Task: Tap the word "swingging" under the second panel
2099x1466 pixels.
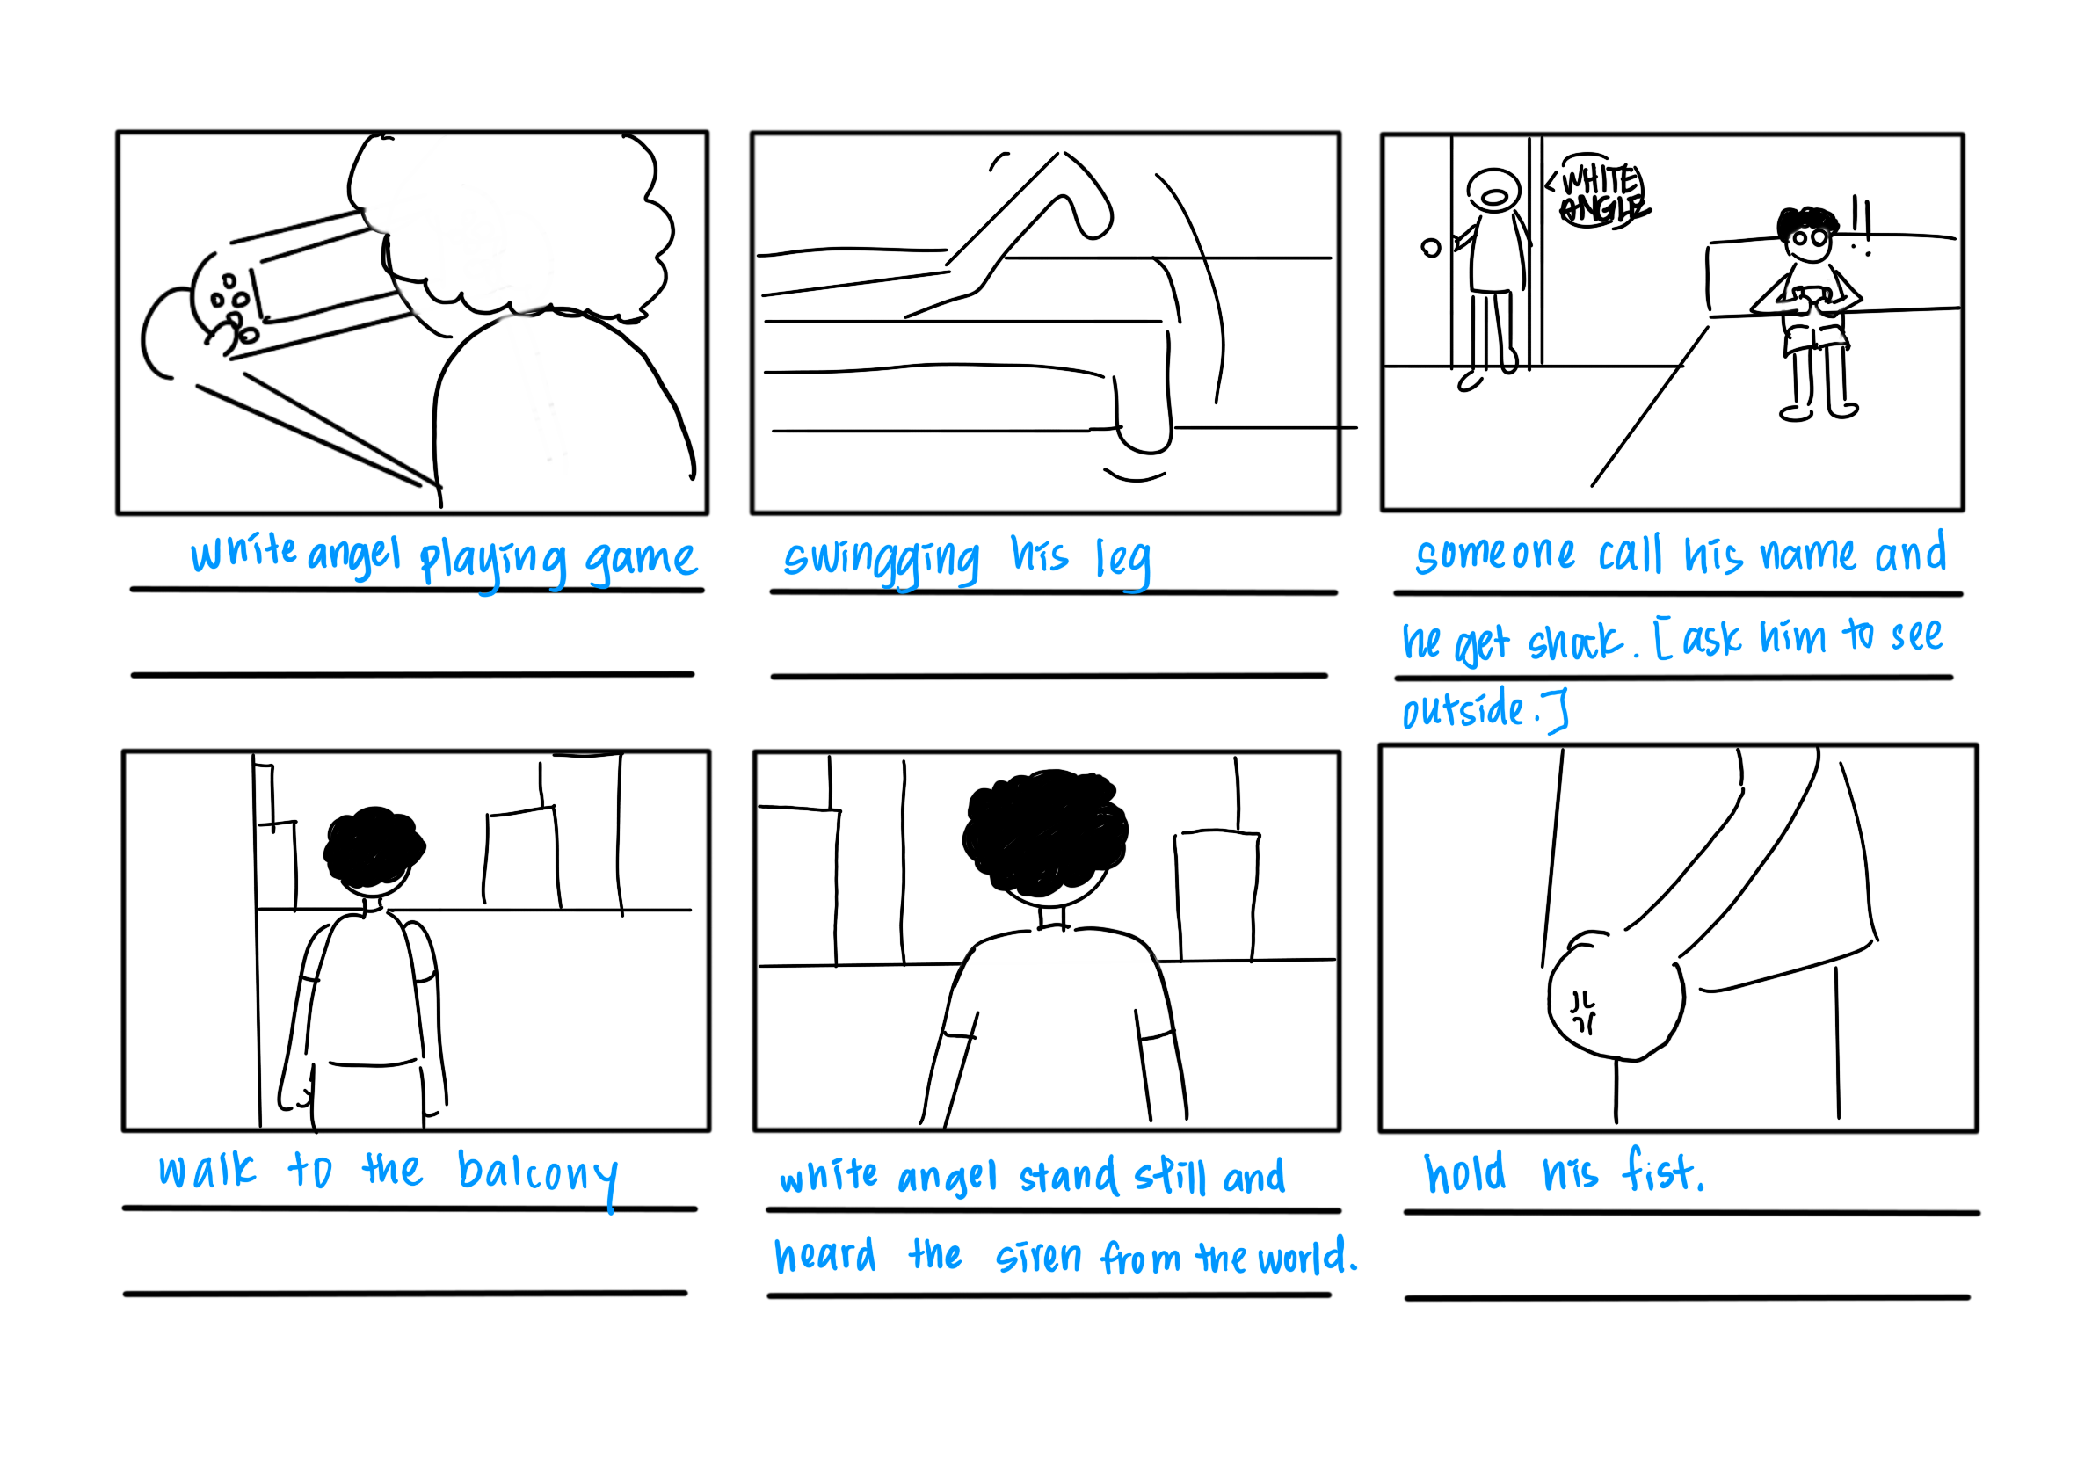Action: (882, 559)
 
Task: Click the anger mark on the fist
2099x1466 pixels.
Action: (1582, 1012)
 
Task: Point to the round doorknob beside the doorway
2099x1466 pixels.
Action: (1432, 248)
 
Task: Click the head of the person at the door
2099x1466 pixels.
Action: (1493, 192)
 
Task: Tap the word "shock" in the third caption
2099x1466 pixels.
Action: (1576, 642)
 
